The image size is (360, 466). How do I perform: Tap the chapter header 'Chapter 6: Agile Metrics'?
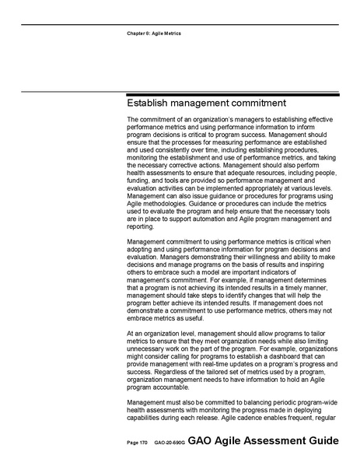pos(153,34)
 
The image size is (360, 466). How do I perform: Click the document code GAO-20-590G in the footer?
pos(169,442)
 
